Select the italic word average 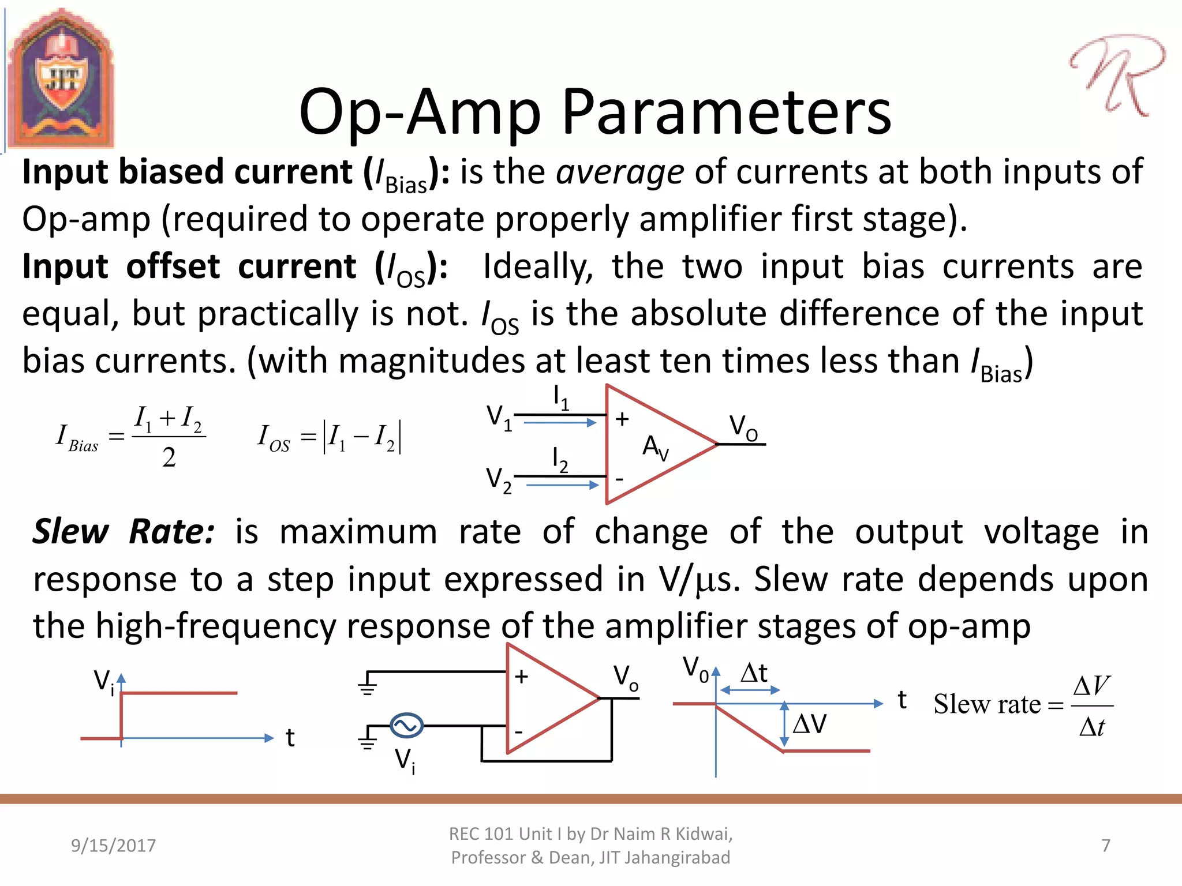coord(620,172)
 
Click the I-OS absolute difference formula coord(330,437)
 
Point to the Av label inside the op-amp coord(655,448)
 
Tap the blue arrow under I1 coord(560,423)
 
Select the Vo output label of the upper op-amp coord(743,427)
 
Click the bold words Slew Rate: coord(123,531)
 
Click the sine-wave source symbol coord(406,726)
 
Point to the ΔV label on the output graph coord(810,723)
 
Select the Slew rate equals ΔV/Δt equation coord(1022,705)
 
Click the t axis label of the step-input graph coord(290,738)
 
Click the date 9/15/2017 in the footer coord(113,846)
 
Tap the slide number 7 coord(1105,846)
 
